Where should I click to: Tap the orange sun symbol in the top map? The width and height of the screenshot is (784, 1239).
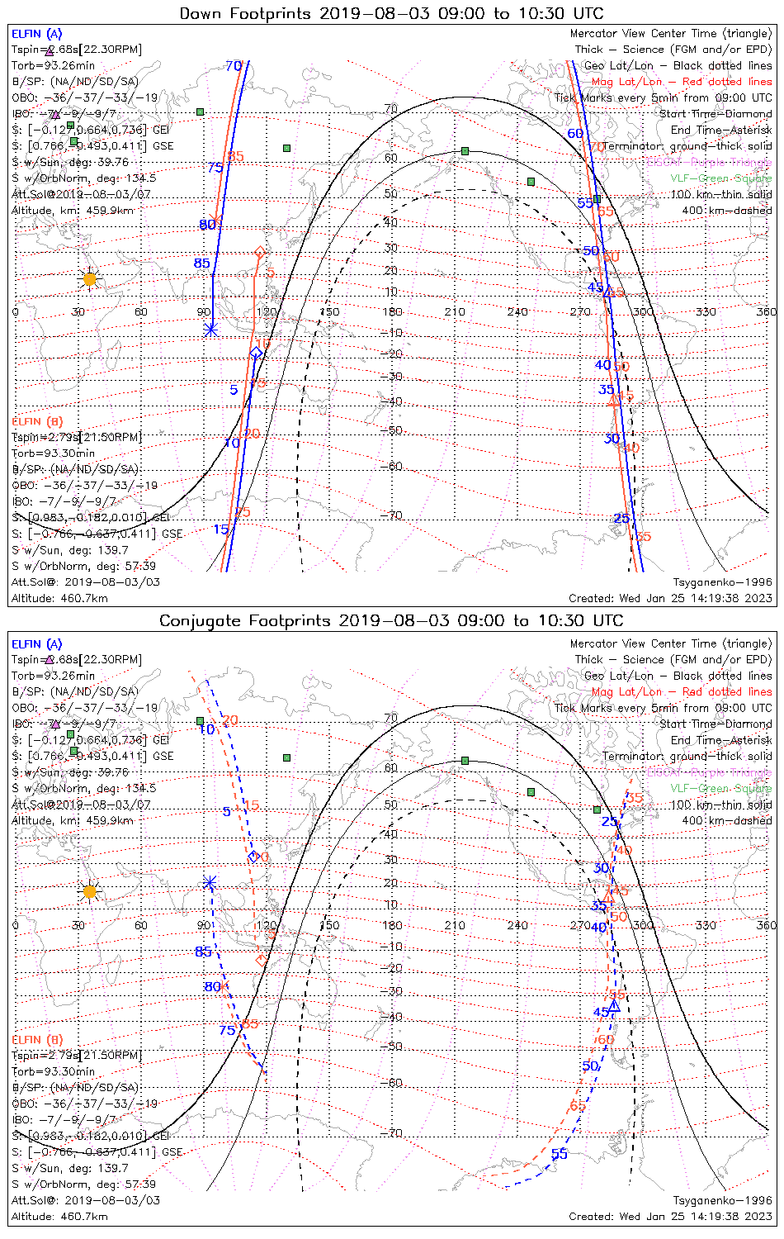tap(89, 279)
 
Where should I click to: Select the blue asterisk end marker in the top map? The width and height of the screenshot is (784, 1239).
tap(211, 329)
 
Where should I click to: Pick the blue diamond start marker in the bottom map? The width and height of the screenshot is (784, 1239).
tap(253, 856)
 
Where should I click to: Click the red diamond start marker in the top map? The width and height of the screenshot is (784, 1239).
tap(259, 251)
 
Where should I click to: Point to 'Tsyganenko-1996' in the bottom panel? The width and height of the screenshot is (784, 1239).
tap(722, 1200)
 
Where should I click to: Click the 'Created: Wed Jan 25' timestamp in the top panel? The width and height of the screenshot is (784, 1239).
tap(670, 598)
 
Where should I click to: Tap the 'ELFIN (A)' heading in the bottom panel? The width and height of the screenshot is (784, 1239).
tap(37, 643)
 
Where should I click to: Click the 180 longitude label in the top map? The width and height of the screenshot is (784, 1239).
tap(392, 311)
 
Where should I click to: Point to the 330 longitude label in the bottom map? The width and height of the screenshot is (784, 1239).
tap(706, 925)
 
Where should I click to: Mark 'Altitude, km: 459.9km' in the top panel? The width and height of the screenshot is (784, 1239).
tap(73, 210)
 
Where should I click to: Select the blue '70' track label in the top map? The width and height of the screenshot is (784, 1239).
tap(233, 66)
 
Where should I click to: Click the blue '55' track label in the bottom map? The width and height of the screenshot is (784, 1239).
tap(559, 1154)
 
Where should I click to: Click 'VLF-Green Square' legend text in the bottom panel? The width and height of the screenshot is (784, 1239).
tap(720, 788)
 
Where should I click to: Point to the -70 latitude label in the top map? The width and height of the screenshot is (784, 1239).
tap(394, 515)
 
